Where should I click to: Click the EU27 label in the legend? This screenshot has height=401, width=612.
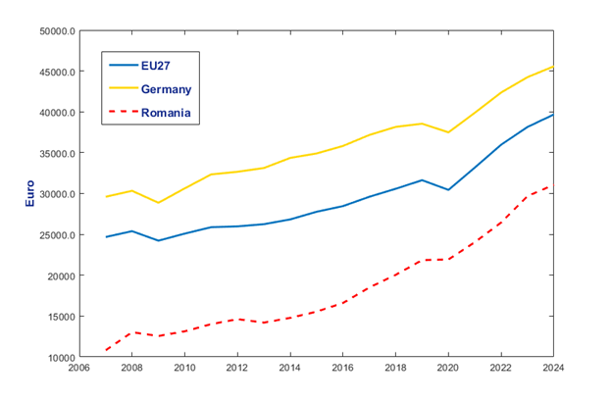pyautogui.click(x=155, y=66)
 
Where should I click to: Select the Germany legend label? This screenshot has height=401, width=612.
pyautogui.click(x=167, y=89)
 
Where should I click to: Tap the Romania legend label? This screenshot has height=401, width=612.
pyautogui.click(x=166, y=113)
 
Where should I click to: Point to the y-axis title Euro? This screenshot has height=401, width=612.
pyautogui.click(x=30, y=193)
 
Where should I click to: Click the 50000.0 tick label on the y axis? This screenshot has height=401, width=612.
pyautogui.click(x=57, y=31)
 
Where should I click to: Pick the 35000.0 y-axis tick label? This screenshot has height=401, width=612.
pyautogui.click(x=57, y=153)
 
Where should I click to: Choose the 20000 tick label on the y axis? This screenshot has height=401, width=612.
pyautogui.click(x=61, y=276)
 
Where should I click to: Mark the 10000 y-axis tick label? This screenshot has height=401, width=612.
pyautogui.click(x=61, y=357)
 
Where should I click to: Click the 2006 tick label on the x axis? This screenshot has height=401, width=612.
pyautogui.click(x=78, y=368)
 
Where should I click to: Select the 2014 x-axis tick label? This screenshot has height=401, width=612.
pyautogui.click(x=290, y=368)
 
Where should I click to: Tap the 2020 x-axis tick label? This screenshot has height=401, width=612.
pyautogui.click(x=448, y=368)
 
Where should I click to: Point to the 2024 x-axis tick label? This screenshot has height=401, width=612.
pyautogui.click(x=553, y=368)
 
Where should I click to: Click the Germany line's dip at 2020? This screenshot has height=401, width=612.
pyautogui.click(x=448, y=132)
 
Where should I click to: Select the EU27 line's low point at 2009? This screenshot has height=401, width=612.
pyautogui.click(x=158, y=240)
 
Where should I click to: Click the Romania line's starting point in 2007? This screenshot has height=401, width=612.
pyautogui.click(x=106, y=350)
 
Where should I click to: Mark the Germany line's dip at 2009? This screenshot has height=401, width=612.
pyautogui.click(x=158, y=202)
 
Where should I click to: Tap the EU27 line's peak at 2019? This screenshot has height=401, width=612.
pyautogui.click(x=422, y=180)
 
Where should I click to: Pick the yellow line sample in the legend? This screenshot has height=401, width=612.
pyautogui.click(x=124, y=88)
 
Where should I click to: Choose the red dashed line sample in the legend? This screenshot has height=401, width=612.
pyautogui.click(x=124, y=112)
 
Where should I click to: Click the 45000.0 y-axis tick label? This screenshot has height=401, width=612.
pyautogui.click(x=57, y=73)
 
